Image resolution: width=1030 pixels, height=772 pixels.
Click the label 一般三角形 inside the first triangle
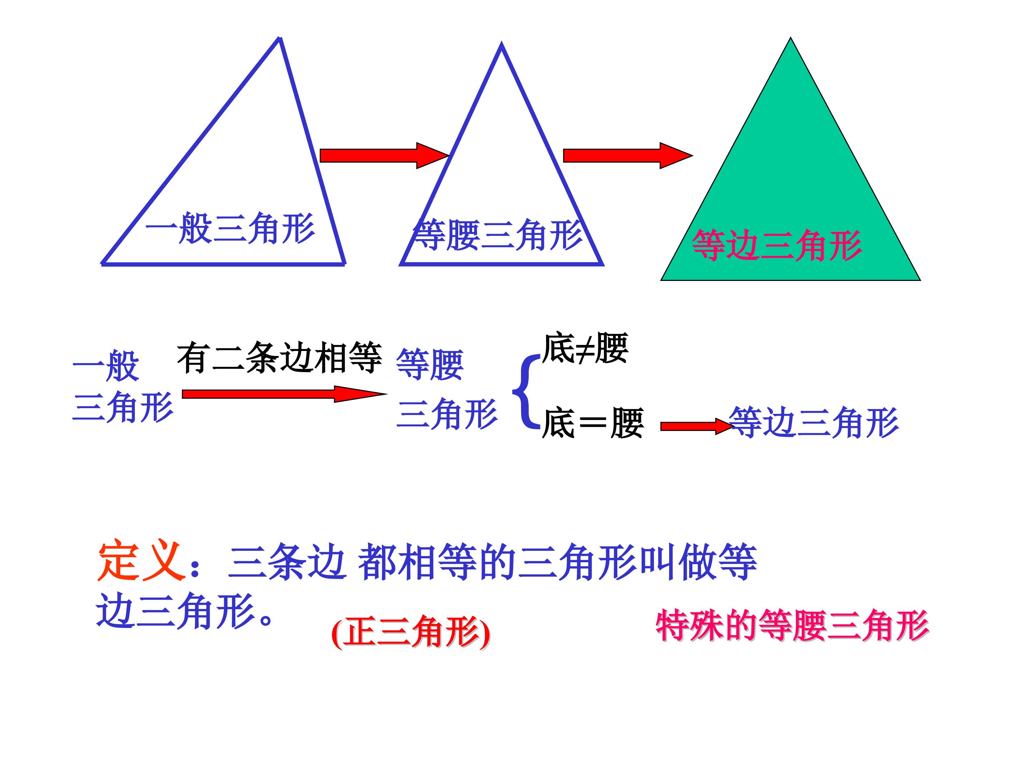tap(230, 228)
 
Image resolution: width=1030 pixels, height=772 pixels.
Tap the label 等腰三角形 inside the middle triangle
tap(497, 235)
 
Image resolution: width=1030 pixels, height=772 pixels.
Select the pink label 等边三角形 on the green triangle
tap(777, 245)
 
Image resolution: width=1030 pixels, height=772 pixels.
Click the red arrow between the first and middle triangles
tap(383, 155)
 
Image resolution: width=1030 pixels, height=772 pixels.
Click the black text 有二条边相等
tap(279, 357)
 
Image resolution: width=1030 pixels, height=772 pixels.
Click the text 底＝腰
tap(593, 422)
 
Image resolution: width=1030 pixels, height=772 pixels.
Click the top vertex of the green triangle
tap(790, 39)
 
